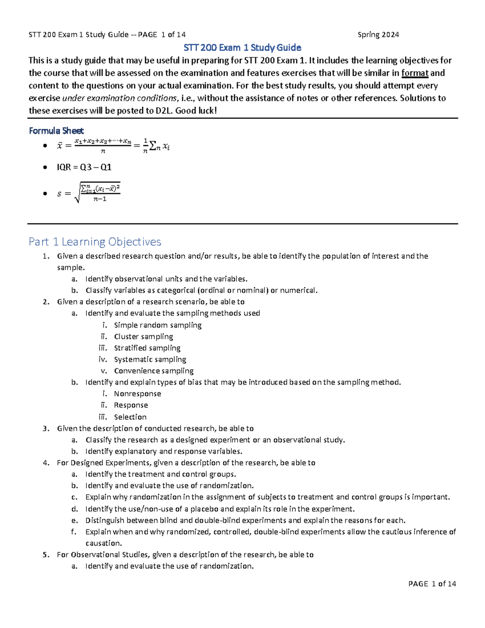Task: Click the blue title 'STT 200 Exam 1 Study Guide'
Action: pos(242,48)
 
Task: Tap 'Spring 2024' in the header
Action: pos(378,35)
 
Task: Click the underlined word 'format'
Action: pos(414,73)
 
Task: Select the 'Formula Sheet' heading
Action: pos(56,131)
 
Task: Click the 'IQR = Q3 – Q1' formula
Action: pos(84,167)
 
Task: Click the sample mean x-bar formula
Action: pos(113,146)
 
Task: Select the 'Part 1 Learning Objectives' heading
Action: pos(95,242)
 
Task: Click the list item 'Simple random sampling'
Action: pos(158,325)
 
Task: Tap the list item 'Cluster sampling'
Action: pos(143,336)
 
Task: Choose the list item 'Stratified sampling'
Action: pos(147,348)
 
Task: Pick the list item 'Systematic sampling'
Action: pos(150,359)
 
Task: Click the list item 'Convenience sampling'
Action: pos(154,371)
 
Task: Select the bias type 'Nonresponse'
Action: pos(137,394)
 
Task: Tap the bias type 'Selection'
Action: pos(130,417)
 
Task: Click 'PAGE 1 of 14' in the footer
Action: pos(432,584)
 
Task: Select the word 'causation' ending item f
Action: pos(103,543)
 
